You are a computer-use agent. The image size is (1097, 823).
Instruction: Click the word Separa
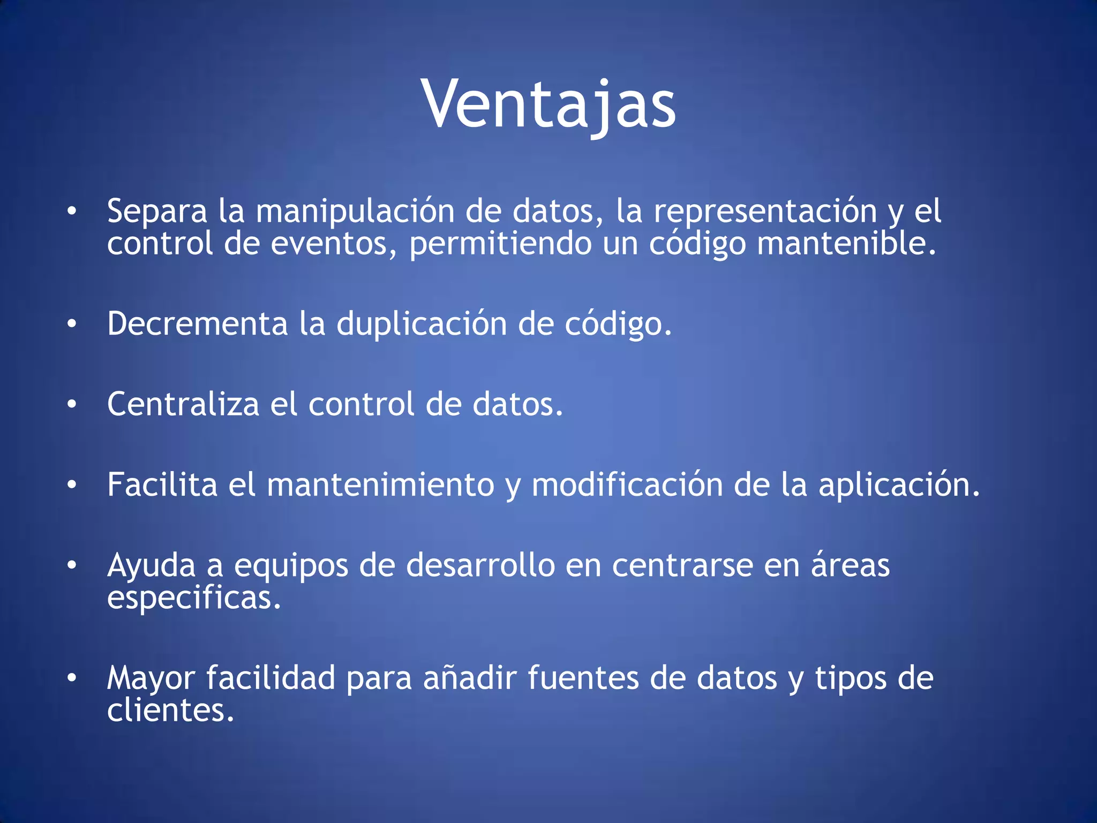pyautogui.click(x=157, y=212)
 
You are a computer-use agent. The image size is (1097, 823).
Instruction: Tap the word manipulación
pyautogui.click(x=355, y=212)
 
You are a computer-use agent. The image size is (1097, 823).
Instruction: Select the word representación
pyautogui.click(x=765, y=212)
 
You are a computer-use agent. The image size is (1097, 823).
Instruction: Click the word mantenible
pyautogui.click(x=846, y=244)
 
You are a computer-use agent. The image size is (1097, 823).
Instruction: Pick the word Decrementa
pyautogui.click(x=198, y=324)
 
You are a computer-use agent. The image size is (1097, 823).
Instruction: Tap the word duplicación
pyautogui.click(x=422, y=324)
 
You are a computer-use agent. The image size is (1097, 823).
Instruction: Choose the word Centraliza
pyautogui.click(x=183, y=405)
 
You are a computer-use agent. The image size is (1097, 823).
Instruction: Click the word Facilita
pyautogui.click(x=162, y=485)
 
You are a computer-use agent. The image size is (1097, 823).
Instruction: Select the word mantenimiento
pyautogui.click(x=380, y=485)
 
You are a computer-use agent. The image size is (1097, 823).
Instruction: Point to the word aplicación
pyautogui.click(x=899, y=485)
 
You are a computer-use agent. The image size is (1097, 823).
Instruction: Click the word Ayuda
pyautogui.click(x=152, y=566)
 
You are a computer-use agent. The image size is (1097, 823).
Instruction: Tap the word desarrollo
pyautogui.click(x=480, y=566)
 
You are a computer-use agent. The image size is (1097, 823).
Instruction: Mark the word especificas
pyautogui.click(x=194, y=598)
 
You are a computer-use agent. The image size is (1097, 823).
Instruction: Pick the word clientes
pyautogui.click(x=170, y=712)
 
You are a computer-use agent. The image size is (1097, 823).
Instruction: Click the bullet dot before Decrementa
pyautogui.click(x=72, y=324)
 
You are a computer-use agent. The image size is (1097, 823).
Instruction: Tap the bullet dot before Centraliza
pyautogui.click(x=72, y=405)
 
